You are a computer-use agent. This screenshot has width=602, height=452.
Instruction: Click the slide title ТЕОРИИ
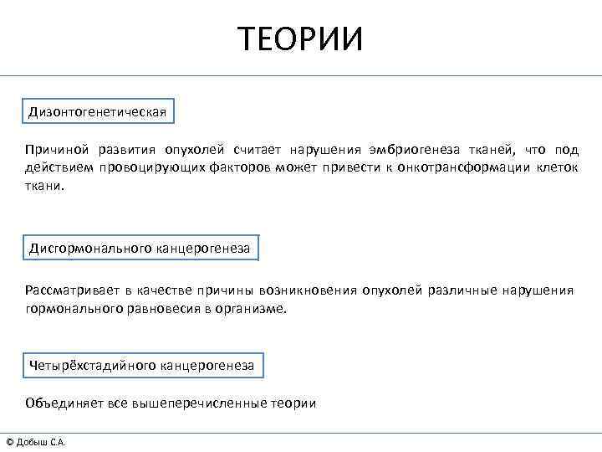click(x=300, y=39)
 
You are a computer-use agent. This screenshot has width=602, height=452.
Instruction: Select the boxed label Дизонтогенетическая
click(x=99, y=111)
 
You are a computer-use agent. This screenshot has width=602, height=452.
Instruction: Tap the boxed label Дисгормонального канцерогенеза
click(x=140, y=249)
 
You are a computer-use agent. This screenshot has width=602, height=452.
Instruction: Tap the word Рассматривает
click(x=70, y=290)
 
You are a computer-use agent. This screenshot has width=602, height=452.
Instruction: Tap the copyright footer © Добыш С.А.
click(x=36, y=442)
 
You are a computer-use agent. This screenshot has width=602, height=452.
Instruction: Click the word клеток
click(x=556, y=168)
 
